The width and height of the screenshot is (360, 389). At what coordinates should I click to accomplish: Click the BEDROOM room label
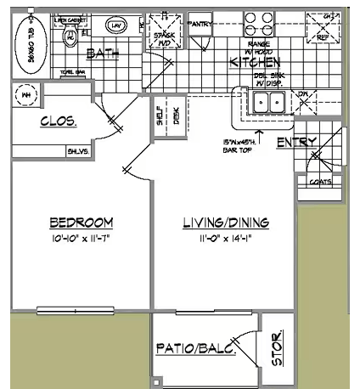[82, 223]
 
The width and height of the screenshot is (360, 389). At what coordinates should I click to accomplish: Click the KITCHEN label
[255, 62]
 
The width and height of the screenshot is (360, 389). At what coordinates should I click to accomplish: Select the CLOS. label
[59, 121]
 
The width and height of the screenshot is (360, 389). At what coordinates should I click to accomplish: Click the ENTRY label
[296, 142]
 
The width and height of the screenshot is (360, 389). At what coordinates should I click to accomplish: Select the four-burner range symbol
[259, 20]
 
